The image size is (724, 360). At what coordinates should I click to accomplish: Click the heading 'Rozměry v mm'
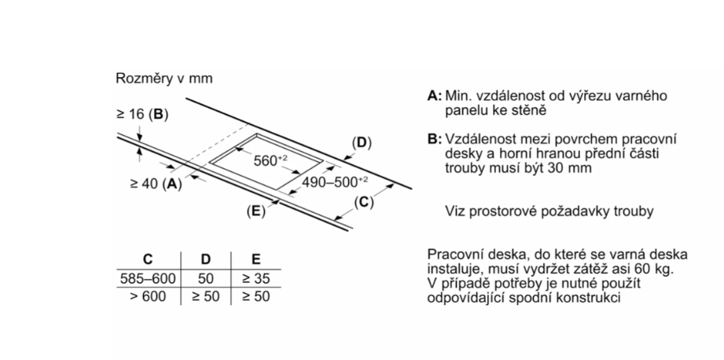pos(164,79)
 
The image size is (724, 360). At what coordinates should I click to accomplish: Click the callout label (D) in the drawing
pos(361,143)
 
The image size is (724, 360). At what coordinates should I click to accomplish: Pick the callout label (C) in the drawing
pos(362,202)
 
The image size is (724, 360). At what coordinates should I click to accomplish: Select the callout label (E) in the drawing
pos(255,210)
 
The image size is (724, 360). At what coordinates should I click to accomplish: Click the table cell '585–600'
pos(147,278)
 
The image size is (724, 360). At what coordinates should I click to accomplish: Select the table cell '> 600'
pos(147,296)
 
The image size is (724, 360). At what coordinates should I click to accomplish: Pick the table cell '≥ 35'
pos(255,278)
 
